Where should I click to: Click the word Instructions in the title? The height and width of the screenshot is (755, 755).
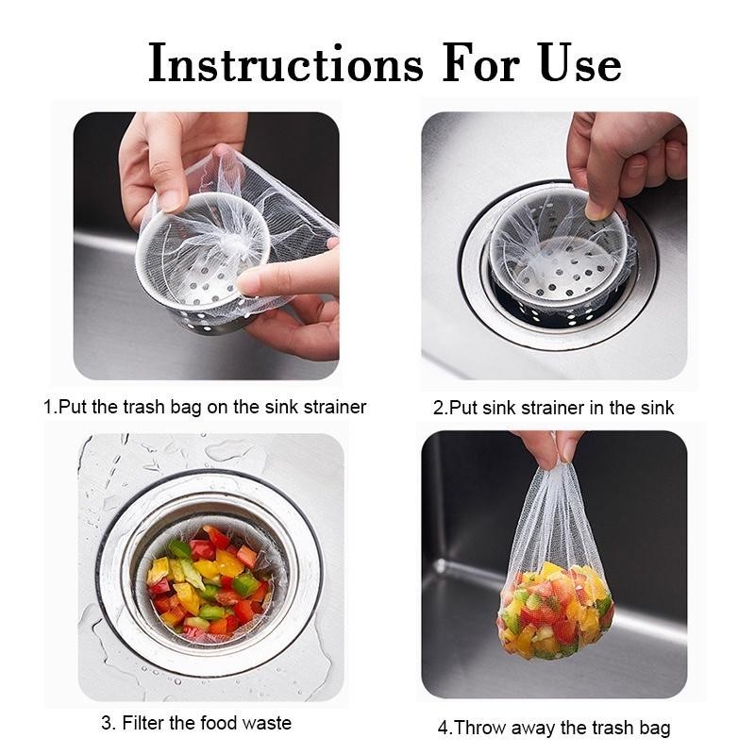click(286, 63)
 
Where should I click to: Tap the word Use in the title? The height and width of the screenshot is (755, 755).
click(580, 63)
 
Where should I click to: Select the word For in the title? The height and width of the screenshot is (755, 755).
click(481, 63)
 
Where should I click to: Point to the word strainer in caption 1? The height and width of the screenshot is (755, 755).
click(335, 408)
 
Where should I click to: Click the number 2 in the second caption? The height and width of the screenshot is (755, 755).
click(438, 408)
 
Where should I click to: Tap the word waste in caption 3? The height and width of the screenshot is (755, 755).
click(267, 723)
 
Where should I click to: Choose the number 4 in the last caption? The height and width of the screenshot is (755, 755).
click(443, 728)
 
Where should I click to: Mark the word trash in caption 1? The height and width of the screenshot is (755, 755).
click(143, 408)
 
